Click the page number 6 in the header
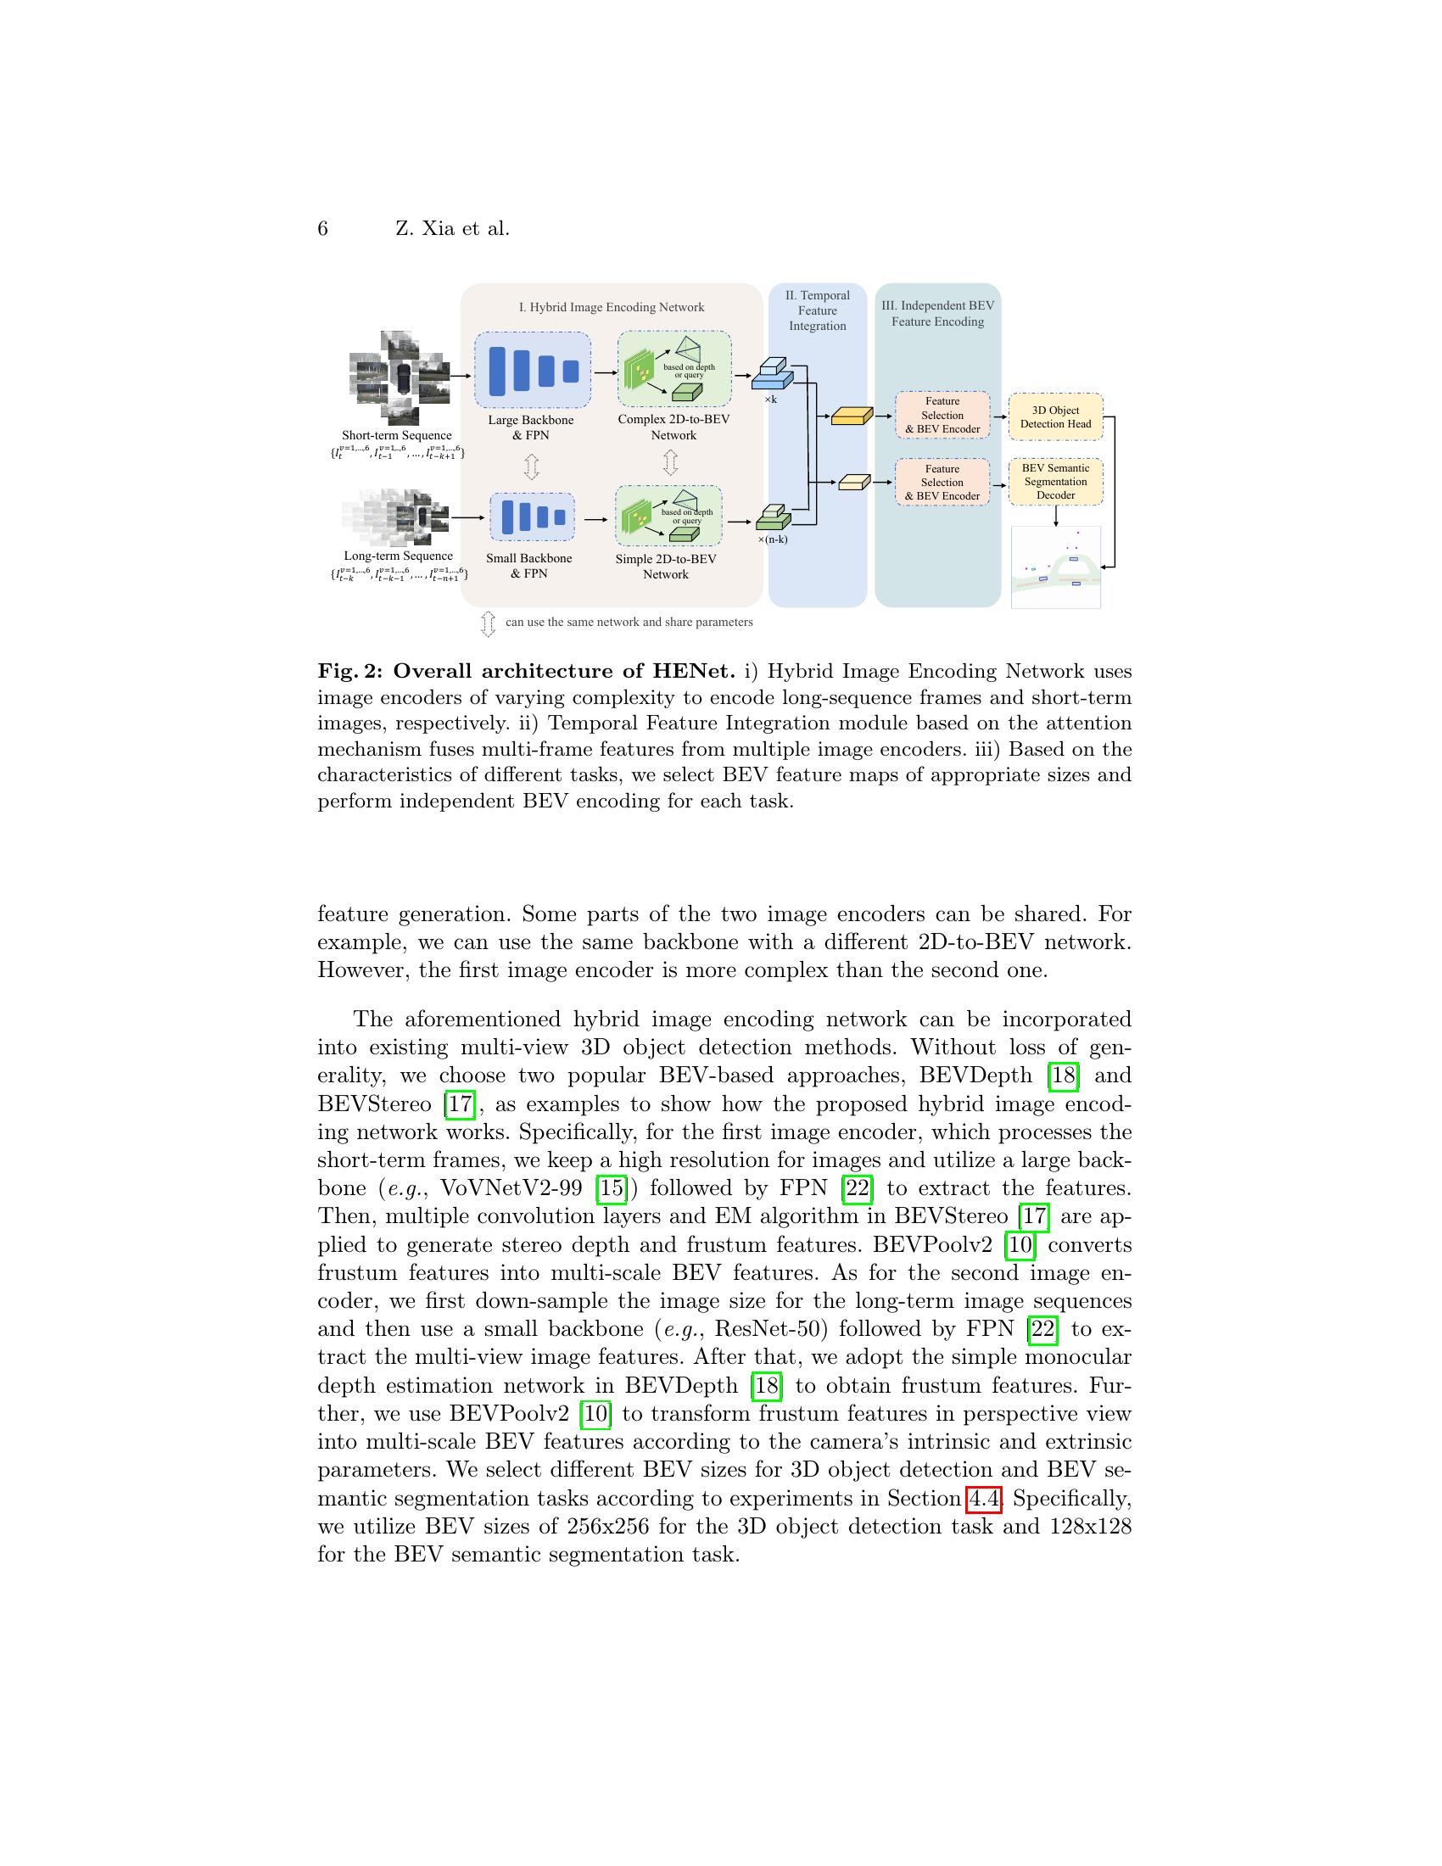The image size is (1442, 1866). pos(322,229)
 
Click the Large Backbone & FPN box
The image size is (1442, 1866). pos(532,370)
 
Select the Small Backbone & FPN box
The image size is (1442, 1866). pos(532,517)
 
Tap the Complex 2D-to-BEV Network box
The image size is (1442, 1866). pos(674,369)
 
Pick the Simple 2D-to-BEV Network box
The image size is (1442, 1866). pos(668,516)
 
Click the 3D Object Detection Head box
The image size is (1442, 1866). pos(1055,417)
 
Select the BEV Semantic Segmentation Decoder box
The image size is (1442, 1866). pos(1055,482)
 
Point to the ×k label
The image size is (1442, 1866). pos(769,399)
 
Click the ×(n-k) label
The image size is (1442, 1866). pos(772,539)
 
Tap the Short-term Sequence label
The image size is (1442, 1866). pos(396,435)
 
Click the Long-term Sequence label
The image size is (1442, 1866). pos(398,556)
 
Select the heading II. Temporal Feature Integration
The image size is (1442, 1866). pos(818,310)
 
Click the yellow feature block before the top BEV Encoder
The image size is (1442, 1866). pos(851,416)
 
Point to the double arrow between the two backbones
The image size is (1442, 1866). pos(531,466)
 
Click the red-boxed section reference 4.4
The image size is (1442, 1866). pos(983,1499)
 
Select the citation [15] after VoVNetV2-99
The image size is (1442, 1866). pos(612,1188)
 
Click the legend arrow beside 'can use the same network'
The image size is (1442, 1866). pos(488,623)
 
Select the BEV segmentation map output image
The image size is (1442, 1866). pos(1055,567)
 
